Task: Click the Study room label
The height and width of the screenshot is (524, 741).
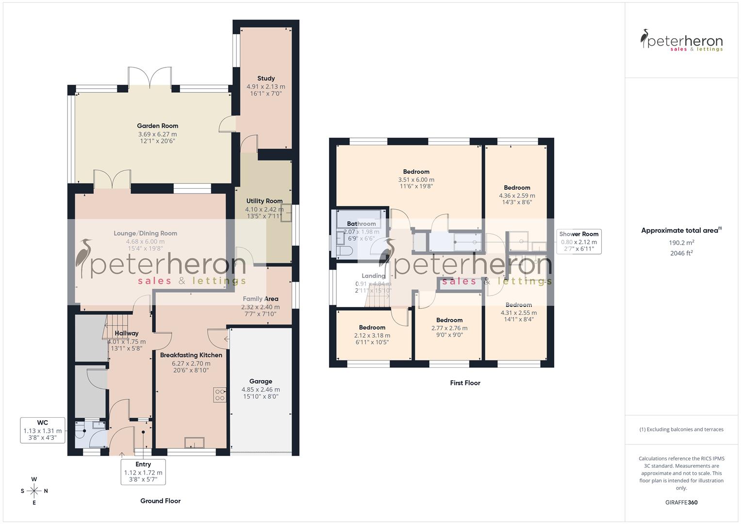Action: (x=266, y=78)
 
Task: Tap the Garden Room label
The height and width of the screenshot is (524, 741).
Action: (x=157, y=126)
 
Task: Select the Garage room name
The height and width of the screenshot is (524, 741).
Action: (x=261, y=381)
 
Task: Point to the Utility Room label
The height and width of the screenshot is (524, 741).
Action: (x=264, y=201)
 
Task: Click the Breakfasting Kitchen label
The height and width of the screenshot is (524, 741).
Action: (x=191, y=355)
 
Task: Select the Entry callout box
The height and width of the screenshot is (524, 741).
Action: (x=143, y=472)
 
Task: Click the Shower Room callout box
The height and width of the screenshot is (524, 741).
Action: (x=578, y=242)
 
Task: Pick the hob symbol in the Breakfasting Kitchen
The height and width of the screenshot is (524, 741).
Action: (x=219, y=395)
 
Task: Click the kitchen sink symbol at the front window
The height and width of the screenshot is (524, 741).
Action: (x=195, y=443)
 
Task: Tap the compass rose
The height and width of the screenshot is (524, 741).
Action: (x=34, y=491)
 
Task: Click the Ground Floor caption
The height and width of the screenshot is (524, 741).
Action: (x=160, y=501)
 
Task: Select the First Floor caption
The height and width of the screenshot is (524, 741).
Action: (x=465, y=383)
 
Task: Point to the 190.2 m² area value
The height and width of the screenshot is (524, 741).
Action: (x=681, y=242)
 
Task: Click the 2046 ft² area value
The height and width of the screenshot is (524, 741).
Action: (x=681, y=253)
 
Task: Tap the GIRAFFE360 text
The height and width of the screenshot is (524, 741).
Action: (x=681, y=502)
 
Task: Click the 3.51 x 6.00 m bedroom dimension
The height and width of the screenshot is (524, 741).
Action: (x=416, y=180)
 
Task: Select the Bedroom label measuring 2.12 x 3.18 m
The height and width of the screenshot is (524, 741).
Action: (x=372, y=327)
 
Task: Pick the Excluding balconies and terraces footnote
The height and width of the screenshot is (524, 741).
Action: (x=681, y=429)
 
